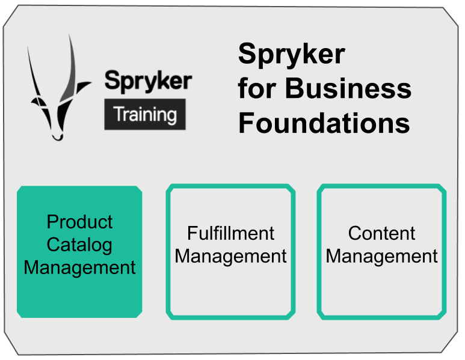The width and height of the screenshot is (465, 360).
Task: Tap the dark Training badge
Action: point(145,114)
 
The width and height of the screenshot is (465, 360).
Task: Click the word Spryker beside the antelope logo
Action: point(148,81)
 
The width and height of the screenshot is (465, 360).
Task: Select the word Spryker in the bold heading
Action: point(291,55)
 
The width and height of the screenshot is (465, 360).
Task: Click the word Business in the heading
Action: point(348,89)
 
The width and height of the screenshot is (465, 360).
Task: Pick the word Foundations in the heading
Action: point(324,123)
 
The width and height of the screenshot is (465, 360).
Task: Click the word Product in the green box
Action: point(79,222)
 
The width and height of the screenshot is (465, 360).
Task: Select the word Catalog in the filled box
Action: point(79,245)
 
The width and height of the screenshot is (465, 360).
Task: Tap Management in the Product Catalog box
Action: point(79,267)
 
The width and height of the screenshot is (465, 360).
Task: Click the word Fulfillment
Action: point(230,233)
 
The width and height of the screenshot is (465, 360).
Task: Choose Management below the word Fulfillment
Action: point(230,256)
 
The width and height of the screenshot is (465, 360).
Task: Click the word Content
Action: point(381,233)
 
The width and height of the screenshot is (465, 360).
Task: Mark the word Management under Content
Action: point(381,256)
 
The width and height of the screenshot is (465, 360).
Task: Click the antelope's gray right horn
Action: point(72,66)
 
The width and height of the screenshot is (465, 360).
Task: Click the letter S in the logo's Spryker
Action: point(111,81)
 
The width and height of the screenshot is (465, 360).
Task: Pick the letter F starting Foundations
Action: point(247,123)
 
